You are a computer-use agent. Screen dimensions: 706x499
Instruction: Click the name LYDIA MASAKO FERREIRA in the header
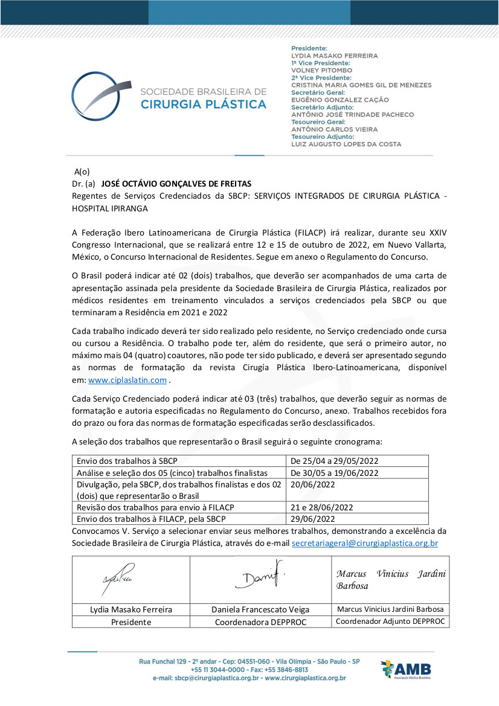click(334, 56)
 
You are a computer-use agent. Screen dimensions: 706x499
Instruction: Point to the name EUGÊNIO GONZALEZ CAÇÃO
click(340, 100)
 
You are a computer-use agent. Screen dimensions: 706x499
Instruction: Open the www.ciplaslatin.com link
click(127, 380)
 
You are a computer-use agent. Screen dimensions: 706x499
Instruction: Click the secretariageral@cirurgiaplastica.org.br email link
click(364, 543)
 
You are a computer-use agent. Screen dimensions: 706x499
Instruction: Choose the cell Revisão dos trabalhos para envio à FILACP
click(155, 507)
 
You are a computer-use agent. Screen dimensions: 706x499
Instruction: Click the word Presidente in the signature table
click(131, 621)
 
